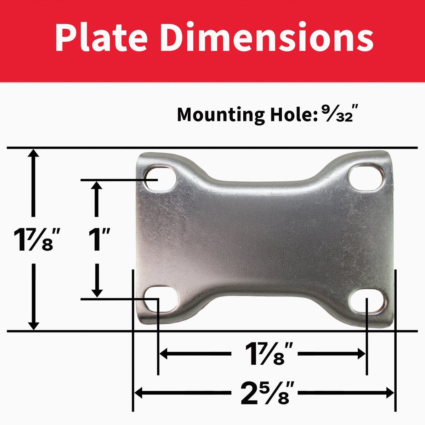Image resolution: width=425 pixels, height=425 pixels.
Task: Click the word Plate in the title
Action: click(101, 38)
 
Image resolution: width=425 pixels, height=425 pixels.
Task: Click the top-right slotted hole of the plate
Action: click(367, 178)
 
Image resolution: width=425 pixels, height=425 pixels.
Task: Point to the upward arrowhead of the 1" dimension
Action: click(97, 186)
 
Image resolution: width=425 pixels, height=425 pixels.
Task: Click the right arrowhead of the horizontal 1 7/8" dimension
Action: click(361, 353)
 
